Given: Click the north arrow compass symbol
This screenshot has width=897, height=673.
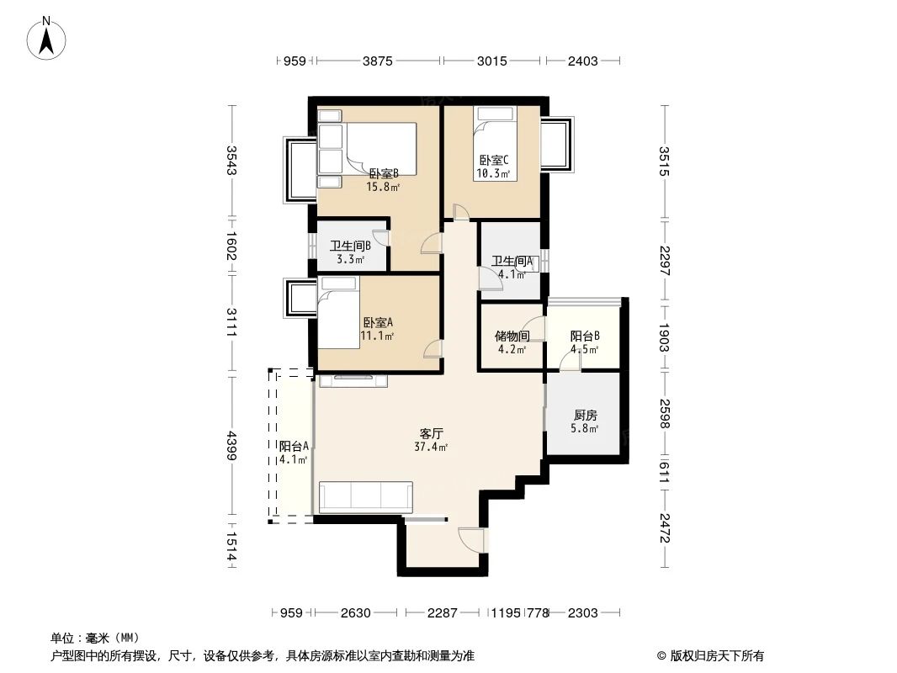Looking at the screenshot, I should (x=48, y=38).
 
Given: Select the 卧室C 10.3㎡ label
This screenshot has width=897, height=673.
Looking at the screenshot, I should (x=493, y=167).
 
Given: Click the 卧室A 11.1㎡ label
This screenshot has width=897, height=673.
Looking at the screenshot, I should (x=378, y=328).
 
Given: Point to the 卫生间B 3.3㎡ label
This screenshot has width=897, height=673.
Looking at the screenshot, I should (x=350, y=252).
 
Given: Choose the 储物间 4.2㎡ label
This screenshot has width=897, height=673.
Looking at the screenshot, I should (x=512, y=342).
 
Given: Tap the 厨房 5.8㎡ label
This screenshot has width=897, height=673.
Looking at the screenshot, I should (x=586, y=421).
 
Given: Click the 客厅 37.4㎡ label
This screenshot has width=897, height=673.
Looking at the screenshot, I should (x=431, y=440).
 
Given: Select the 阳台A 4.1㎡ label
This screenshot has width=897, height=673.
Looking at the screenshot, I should (x=294, y=453).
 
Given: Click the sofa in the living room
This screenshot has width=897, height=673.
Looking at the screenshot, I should (x=366, y=497).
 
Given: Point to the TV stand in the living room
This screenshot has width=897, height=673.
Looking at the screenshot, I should (x=353, y=381).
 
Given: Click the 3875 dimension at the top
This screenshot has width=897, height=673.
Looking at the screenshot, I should (x=377, y=61).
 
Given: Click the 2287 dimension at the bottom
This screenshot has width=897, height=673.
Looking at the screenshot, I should (x=442, y=613).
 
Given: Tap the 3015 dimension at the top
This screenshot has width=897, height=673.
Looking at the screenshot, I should (x=492, y=61).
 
